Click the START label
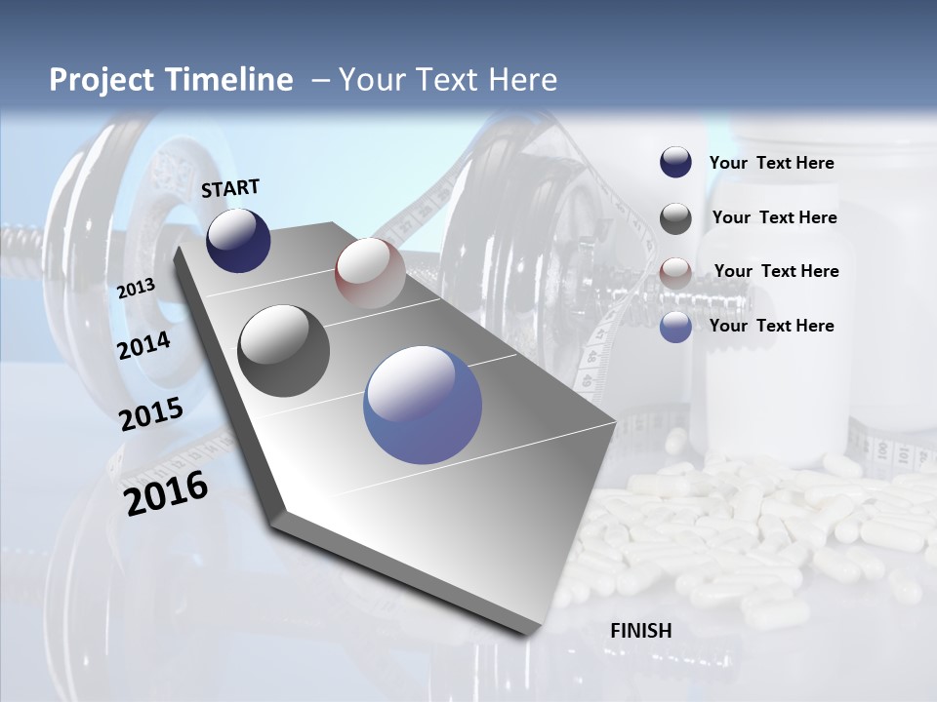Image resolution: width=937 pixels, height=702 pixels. tap(230, 188)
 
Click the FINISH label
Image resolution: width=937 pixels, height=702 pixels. tap(641, 630)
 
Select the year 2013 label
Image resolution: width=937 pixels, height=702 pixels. tap(136, 288)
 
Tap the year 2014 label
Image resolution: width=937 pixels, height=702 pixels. tap(143, 346)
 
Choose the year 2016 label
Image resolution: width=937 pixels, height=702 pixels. tap(166, 492)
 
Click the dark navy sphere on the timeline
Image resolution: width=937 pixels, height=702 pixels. tap(238, 240)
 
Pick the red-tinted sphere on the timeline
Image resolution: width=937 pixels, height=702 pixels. tap(370, 272)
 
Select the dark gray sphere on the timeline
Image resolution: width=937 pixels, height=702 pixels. tap(283, 350)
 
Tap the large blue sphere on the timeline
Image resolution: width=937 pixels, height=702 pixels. tap(423, 404)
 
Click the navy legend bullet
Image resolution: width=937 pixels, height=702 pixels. tap(675, 163)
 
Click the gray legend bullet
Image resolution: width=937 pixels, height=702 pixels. tap(675, 217)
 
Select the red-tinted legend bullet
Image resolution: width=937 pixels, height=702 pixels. tap(675, 272)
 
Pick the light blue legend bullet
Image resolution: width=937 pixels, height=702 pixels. tap(675, 327)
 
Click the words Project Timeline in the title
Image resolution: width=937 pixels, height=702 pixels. tap(171, 80)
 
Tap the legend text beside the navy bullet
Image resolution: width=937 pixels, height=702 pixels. tap(771, 163)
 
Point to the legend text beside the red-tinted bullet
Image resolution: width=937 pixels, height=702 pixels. tap(776, 271)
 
